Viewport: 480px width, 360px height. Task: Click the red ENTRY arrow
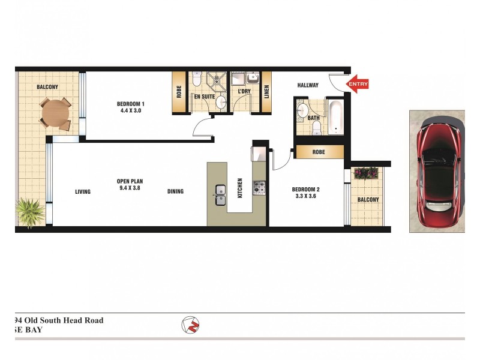[358, 85]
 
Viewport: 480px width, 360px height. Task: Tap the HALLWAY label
[308, 85]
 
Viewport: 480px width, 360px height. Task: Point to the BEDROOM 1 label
[131, 104]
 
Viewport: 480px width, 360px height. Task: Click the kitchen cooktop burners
[259, 189]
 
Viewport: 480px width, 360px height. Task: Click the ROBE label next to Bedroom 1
[179, 92]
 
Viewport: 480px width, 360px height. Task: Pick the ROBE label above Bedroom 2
[319, 152]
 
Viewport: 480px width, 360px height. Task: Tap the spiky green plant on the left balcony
[28, 211]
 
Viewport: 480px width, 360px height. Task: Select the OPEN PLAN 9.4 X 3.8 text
[130, 184]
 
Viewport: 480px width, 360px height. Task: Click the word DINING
[175, 191]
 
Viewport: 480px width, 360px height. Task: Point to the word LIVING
[83, 192]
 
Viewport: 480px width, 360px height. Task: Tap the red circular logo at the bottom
[190, 325]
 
